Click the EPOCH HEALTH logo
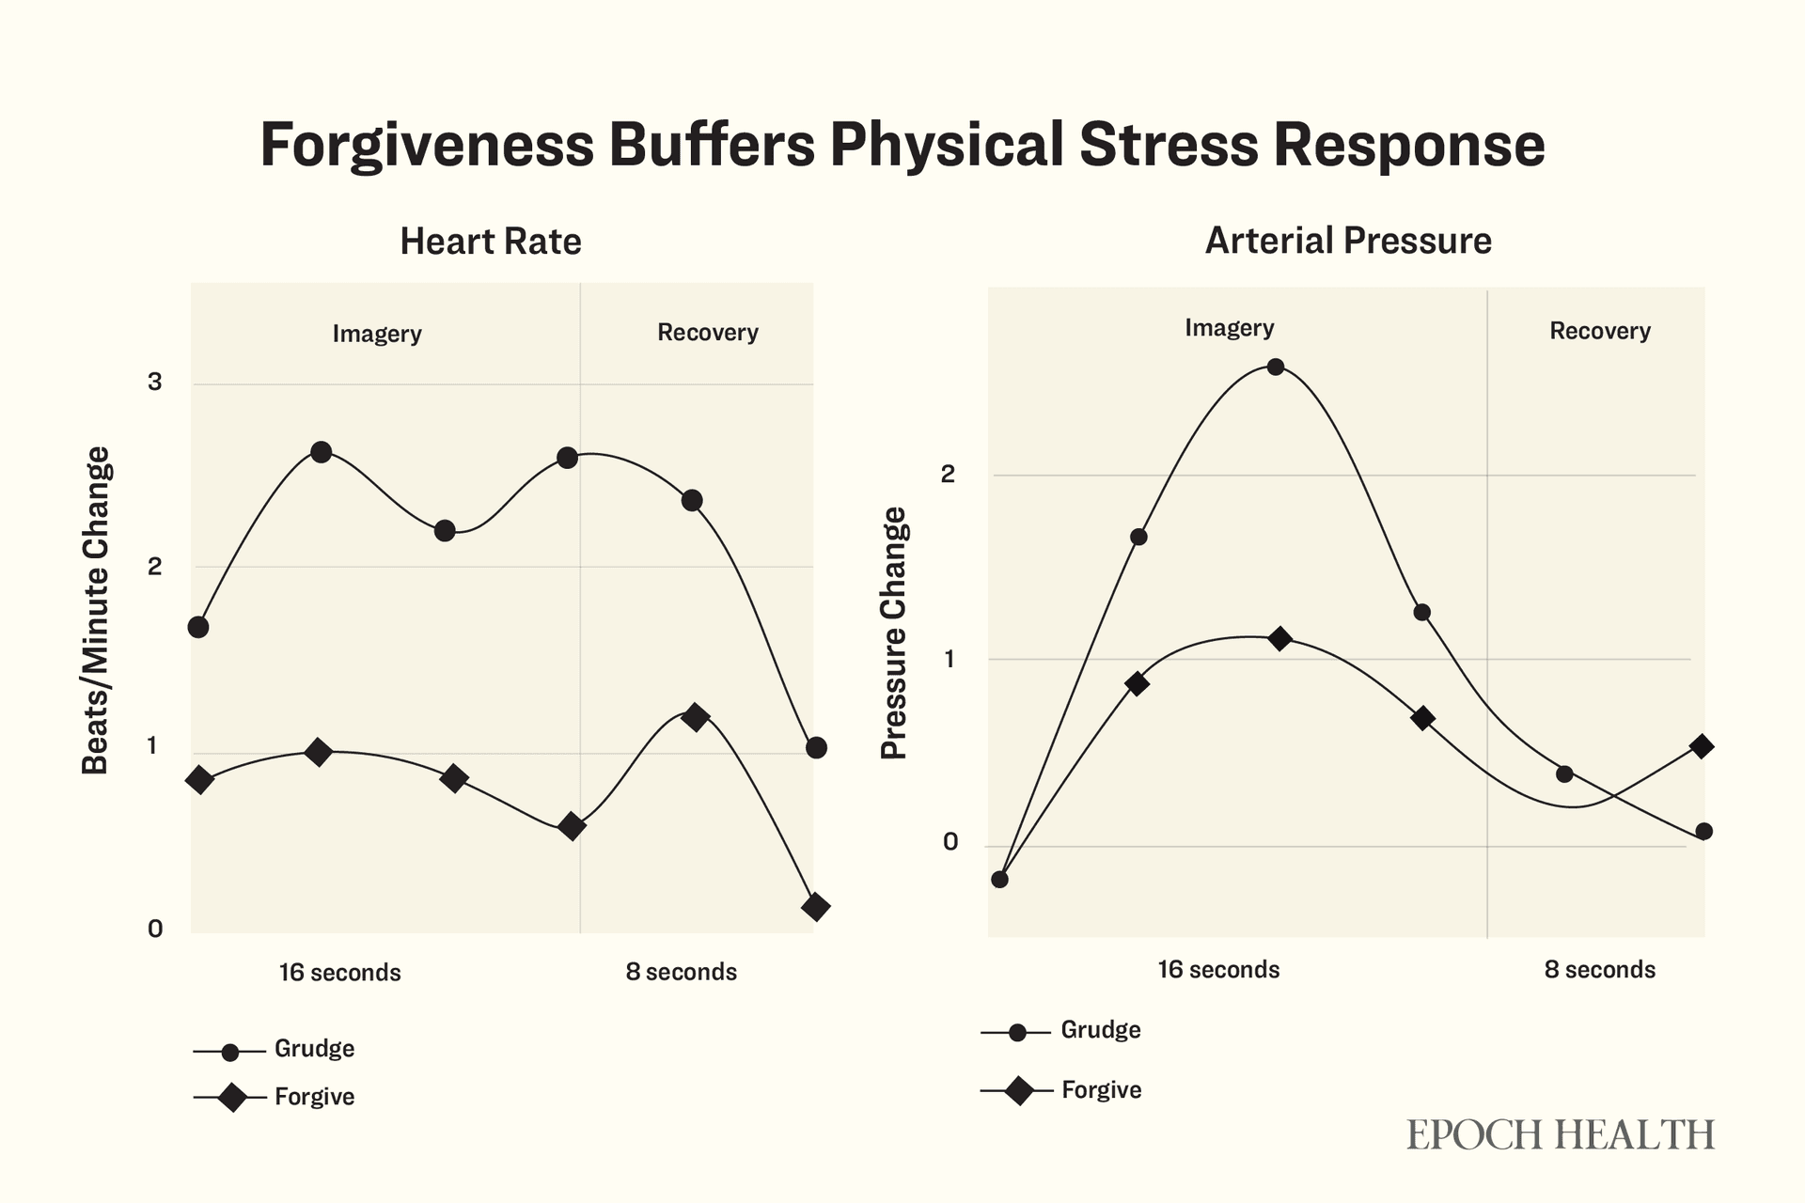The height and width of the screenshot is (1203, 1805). [x=1560, y=1134]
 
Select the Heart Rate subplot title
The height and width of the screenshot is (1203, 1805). [x=490, y=242]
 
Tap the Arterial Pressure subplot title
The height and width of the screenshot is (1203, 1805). [x=1347, y=241]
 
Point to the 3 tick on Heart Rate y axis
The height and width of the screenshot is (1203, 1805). [x=155, y=382]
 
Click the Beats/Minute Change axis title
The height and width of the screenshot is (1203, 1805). [x=96, y=610]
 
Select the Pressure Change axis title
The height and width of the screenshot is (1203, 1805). [x=894, y=633]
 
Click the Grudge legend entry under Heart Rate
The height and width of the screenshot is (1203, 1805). [x=314, y=1049]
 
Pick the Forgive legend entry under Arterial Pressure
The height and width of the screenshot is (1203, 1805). [x=1101, y=1090]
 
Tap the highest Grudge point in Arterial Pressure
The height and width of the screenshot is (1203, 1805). [x=1276, y=367]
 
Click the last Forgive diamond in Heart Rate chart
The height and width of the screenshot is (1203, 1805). [x=816, y=907]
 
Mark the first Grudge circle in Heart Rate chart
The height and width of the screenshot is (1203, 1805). [x=198, y=627]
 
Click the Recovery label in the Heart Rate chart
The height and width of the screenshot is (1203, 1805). [x=707, y=333]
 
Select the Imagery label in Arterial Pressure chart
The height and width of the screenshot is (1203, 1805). [x=1229, y=328]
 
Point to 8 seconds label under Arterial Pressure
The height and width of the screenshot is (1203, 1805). [x=1599, y=970]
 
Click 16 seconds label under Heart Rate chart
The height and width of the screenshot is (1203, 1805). [x=339, y=973]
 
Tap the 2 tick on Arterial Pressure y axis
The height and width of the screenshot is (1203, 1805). [x=948, y=474]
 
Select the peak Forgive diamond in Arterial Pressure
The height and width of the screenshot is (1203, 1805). [x=1279, y=639]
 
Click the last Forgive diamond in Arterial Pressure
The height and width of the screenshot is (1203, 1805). [x=1701, y=747]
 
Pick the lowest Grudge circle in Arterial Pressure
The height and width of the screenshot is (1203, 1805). [x=1000, y=880]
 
